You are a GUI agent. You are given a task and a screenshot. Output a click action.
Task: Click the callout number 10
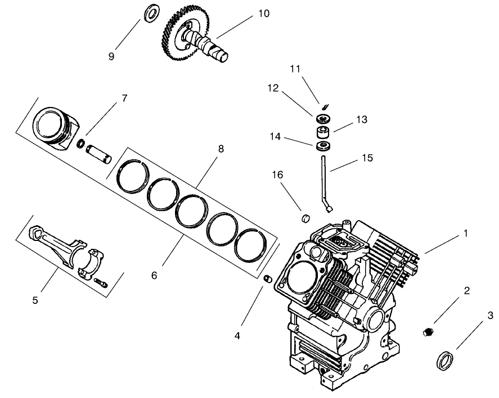click(264, 14)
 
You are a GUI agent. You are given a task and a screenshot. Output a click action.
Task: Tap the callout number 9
click(111, 56)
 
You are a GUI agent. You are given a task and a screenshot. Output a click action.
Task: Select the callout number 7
click(124, 98)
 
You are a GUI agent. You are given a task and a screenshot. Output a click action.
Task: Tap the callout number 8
click(221, 149)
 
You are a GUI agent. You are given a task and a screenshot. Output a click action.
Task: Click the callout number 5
click(35, 300)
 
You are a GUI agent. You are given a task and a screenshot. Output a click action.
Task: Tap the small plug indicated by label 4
click(268, 278)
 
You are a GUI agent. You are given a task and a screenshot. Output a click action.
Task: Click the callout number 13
click(361, 119)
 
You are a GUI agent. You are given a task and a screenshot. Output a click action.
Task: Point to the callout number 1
click(465, 232)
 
